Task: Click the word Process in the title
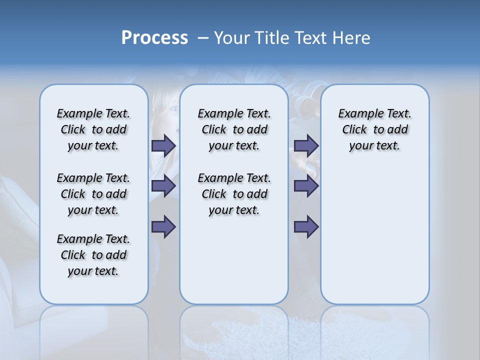(154, 38)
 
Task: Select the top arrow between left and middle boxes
(163, 145)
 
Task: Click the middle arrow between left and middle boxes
(163, 186)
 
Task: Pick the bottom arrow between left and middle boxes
(163, 227)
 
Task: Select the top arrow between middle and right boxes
(306, 145)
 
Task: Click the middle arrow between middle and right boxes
(306, 186)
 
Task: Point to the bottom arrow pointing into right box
(306, 227)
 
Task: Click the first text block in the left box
(93, 129)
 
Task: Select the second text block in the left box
(93, 194)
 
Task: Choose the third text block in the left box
(93, 255)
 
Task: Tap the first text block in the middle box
(234, 129)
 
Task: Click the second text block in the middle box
(234, 194)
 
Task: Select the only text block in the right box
(374, 129)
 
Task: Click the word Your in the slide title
(232, 38)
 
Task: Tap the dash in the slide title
(203, 38)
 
